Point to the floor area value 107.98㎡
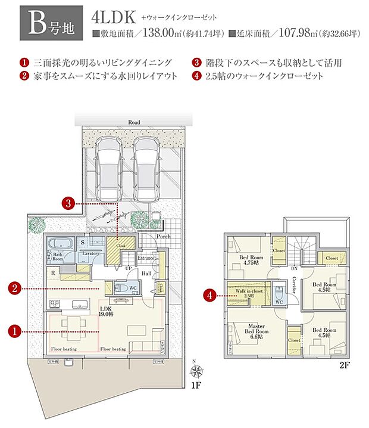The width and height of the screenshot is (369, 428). point(296,34)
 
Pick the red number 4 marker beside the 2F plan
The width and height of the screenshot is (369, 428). point(208,294)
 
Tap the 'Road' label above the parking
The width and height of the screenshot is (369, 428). point(134,122)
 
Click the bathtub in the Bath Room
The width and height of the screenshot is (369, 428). point(59,244)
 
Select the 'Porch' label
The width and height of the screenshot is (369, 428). point(164,235)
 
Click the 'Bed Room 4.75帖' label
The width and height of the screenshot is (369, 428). point(251,260)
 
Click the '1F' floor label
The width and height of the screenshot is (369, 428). point(196,386)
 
